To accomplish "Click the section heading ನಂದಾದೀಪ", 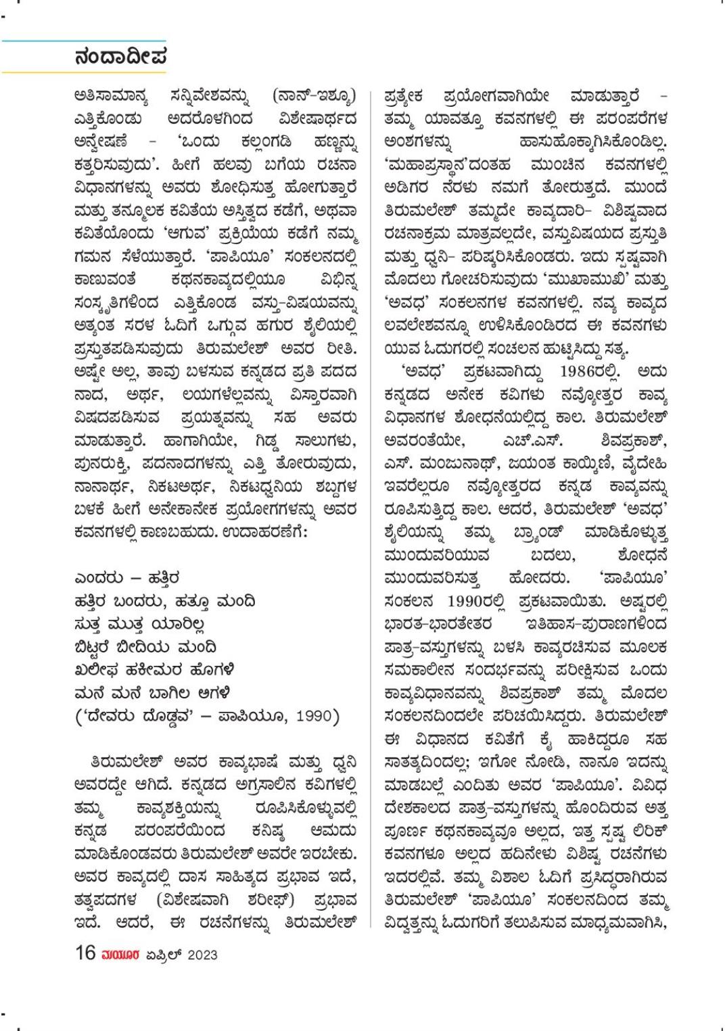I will (x=122, y=57).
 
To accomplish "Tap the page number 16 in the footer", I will (x=85, y=953).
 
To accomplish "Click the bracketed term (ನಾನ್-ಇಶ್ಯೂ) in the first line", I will (x=314, y=97).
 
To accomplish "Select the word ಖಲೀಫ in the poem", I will (x=96, y=669).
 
